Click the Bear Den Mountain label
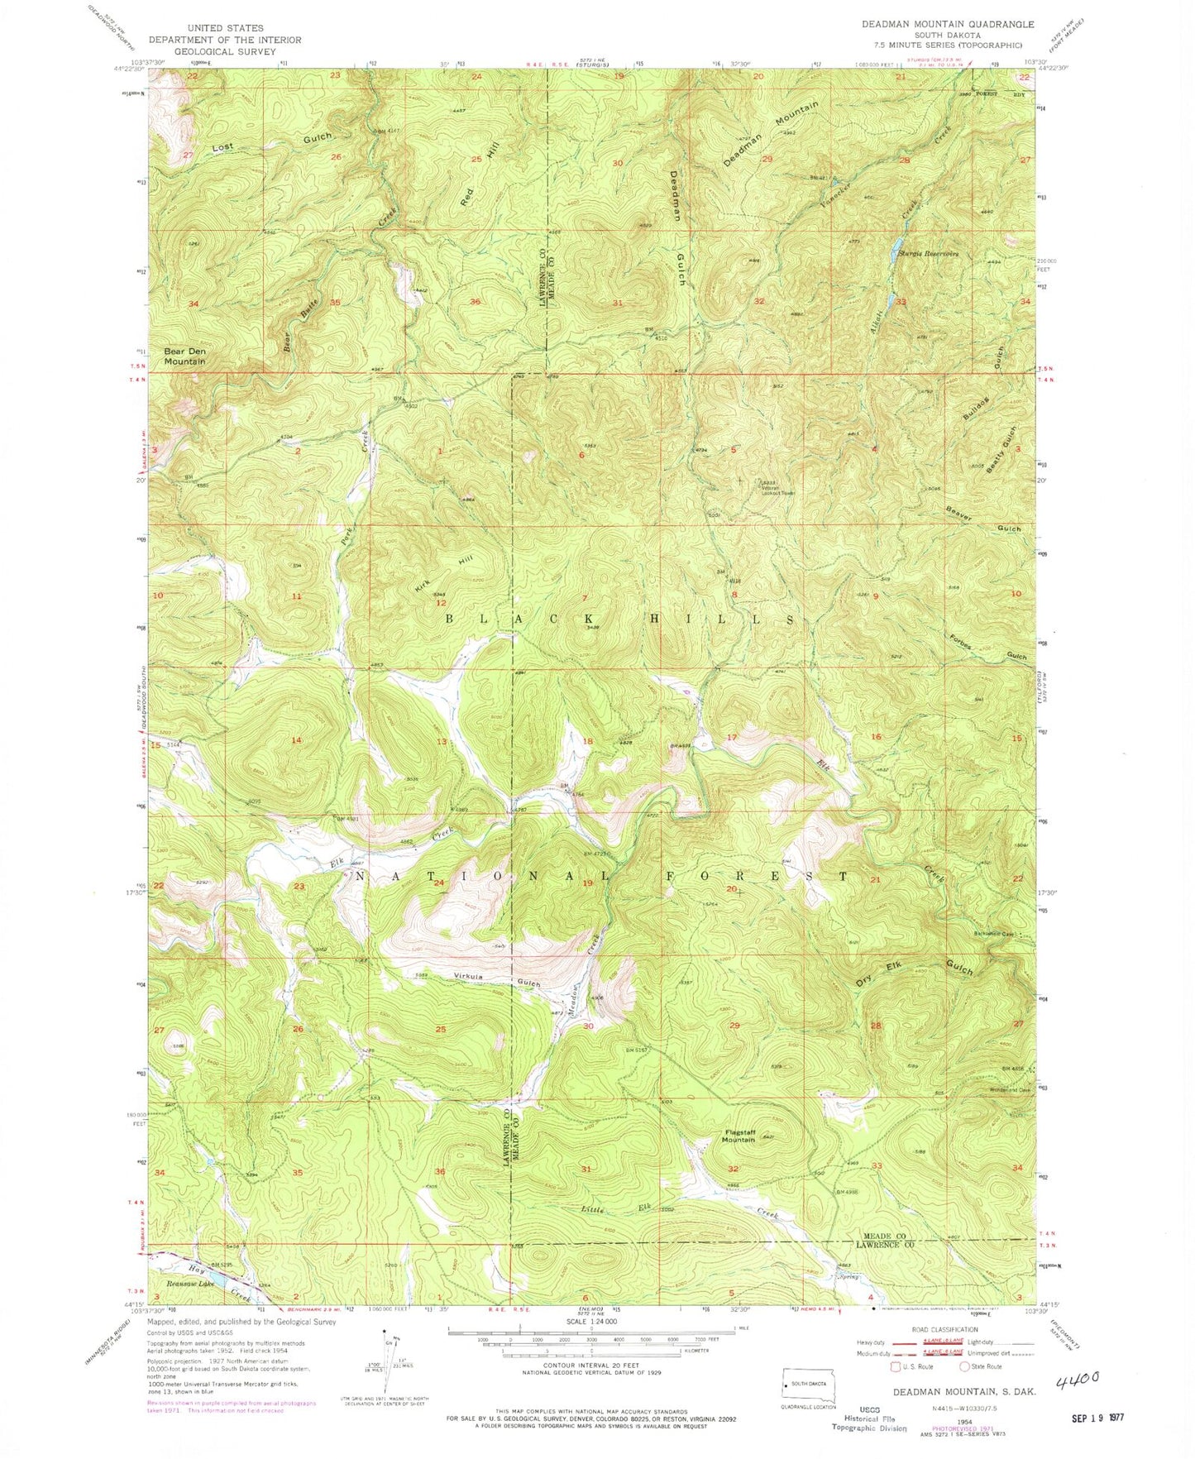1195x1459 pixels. tap(184, 356)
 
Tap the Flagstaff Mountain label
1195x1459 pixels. tap(738, 1135)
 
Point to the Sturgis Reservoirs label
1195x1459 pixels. tap(928, 254)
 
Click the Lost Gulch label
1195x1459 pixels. tap(271, 142)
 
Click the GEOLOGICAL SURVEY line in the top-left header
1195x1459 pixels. tap(224, 51)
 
